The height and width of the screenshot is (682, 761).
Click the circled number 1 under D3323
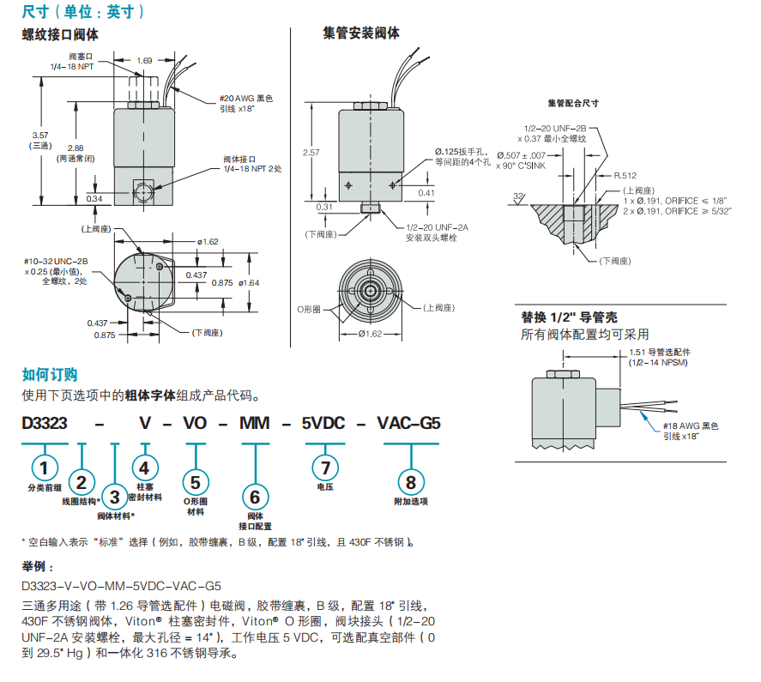click(x=45, y=467)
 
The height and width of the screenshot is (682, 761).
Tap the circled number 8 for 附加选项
click(x=411, y=482)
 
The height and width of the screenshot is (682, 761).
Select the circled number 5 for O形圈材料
click(x=196, y=482)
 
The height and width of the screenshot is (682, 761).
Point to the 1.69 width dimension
click(x=144, y=61)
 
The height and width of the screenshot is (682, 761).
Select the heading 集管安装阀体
click(x=361, y=33)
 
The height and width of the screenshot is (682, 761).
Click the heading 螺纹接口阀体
click(x=60, y=35)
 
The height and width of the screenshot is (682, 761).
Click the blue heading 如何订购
click(x=50, y=374)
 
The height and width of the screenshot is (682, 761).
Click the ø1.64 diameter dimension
click(x=248, y=282)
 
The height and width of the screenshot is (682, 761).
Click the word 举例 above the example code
click(x=37, y=567)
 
